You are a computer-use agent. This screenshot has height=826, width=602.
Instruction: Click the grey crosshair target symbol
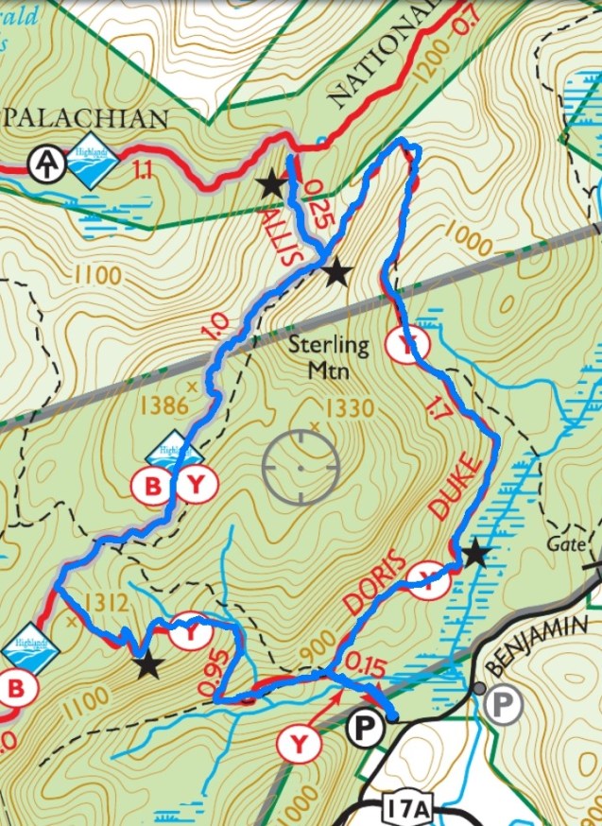[x=301, y=466]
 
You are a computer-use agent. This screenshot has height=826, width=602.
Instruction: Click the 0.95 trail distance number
[x=217, y=668]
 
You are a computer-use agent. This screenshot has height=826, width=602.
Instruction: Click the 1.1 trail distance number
[x=143, y=170]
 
